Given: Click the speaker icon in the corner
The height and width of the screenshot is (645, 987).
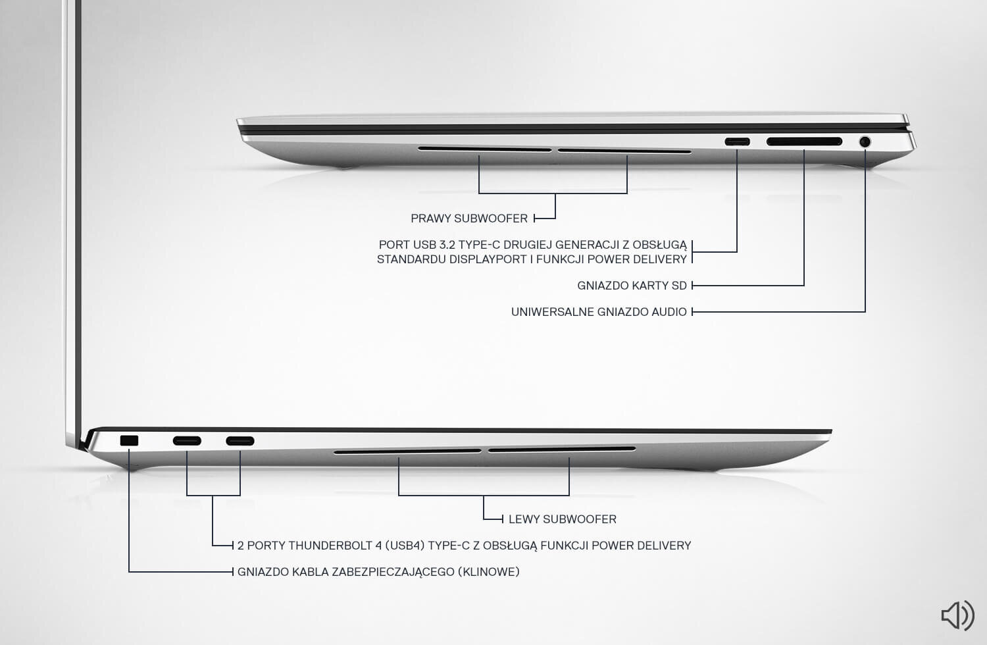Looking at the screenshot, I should pos(957,615).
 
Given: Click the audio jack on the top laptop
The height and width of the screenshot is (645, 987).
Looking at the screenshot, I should pos(865,142).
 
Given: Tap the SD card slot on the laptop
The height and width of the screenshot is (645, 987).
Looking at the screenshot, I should pos(804,142).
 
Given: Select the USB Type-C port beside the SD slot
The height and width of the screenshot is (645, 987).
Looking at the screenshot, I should pos(737,142).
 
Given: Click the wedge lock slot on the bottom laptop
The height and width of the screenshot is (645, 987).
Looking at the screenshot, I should pos(130,441).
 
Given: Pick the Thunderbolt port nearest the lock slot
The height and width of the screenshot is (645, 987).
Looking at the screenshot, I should pos(187,441).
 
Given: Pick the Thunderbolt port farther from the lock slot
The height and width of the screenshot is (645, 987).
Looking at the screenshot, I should pos(240,441).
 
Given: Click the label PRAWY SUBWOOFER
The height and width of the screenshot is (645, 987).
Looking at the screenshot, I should pos(469,219).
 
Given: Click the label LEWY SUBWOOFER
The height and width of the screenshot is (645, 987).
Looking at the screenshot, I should pos(563,519).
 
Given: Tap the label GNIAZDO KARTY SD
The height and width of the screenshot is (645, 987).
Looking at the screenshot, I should pos(632,286).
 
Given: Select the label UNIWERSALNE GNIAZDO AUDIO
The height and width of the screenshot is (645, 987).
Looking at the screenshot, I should pos(599,312).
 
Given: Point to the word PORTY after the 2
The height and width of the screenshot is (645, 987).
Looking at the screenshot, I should pos(266,546).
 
